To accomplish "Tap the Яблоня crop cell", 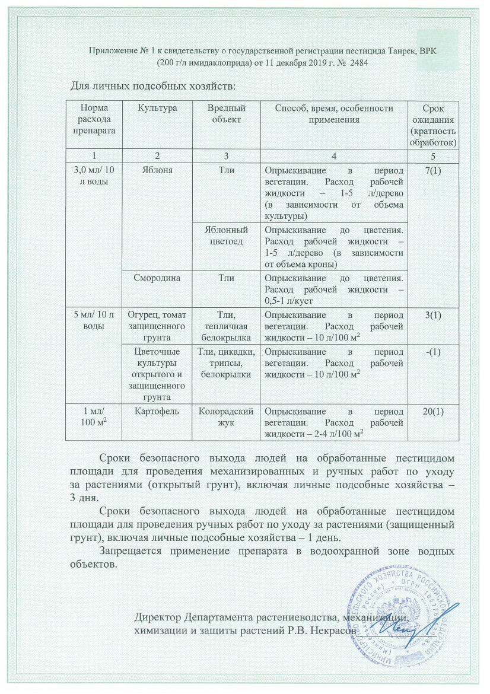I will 157,170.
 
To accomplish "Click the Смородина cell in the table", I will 157,277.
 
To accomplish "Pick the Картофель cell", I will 157,411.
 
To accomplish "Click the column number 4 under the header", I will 334,156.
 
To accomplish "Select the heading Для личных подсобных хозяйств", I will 154,86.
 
